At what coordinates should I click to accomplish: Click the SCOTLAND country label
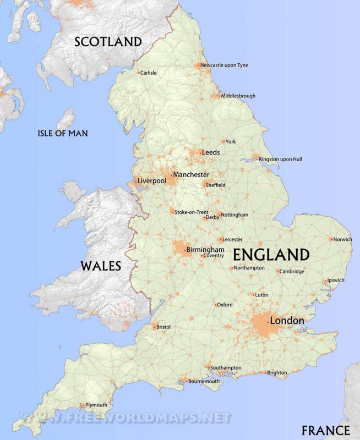(x=108, y=41)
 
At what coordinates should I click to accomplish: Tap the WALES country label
(x=101, y=266)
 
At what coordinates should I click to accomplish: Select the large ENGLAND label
(x=271, y=255)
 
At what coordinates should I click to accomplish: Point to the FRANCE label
(x=325, y=430)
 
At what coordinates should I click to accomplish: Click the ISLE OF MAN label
(x=62, y=133)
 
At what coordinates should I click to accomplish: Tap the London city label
(x=286, y=321)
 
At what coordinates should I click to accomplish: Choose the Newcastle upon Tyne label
(x=224, y=65)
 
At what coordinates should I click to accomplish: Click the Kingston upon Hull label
(x=281, y=159)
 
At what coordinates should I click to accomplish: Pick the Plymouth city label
(x=96, y=405)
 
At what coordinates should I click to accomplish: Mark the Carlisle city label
(x=149, y=73)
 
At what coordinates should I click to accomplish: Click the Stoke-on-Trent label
(x=191, y=212)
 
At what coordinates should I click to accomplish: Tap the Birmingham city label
(x=205, y=250)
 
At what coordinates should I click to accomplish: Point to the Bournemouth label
(x=204, y=381)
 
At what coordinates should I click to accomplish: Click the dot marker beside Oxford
(x=216, y=305)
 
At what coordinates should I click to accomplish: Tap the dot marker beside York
(x=223, y=142)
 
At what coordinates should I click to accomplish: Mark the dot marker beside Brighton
(x=265, y=373)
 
